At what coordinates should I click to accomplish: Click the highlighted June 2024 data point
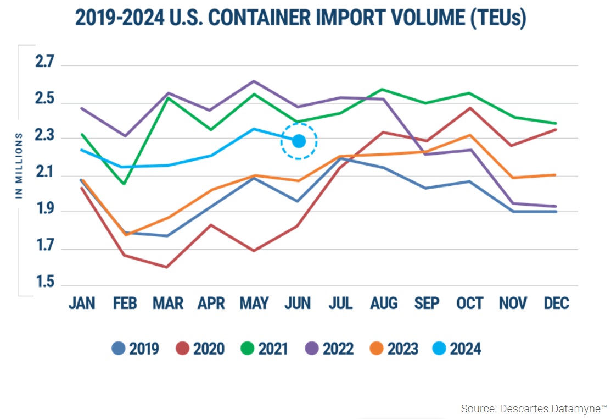[299, 141]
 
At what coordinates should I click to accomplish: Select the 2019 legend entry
[135, 349]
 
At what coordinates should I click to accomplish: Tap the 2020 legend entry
[200, 349]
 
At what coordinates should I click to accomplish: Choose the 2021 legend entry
[264, 349]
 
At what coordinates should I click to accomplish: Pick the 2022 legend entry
[329, 349]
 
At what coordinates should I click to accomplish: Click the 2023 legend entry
[394, 349]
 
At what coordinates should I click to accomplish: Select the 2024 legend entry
[457, 349]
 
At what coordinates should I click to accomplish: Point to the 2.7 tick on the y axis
[45, 62]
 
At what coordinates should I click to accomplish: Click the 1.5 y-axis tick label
[45, 283]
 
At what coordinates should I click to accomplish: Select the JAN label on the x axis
[82, 304]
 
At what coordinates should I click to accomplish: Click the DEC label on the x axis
[555, 304]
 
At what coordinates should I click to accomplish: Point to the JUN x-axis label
[297, 304]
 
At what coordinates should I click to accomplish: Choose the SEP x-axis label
[427, 304]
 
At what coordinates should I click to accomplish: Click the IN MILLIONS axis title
[19, 165]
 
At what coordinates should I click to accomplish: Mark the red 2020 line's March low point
[166, 267]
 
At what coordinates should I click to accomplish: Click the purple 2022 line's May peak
[253, 81]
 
